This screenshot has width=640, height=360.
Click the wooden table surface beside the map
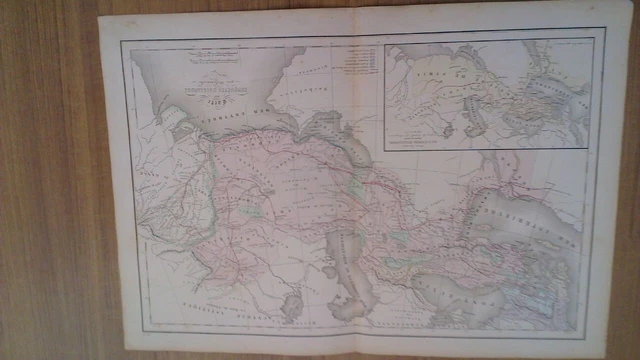tap(50, 200)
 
